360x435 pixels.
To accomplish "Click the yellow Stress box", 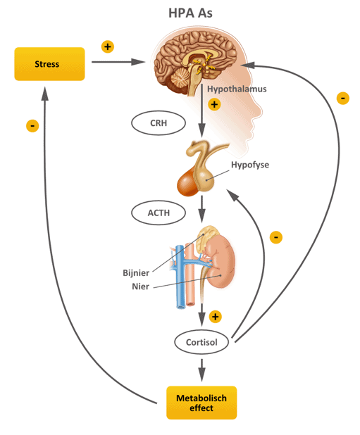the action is tap(49, 64).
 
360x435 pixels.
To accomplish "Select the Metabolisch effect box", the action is tap(201, 403).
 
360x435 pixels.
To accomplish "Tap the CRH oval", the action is tap(159, 123).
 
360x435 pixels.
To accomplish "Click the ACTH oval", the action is tap(159, 213).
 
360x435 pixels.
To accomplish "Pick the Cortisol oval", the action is tap(201, 342).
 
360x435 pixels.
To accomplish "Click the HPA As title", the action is tap(190, 13).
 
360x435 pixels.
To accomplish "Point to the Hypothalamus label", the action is tap(237, 89).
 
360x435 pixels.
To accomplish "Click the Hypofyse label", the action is tap(250, 165).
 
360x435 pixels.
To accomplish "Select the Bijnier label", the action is tap(136, 273).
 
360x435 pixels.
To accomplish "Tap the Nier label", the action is tap(140, 286).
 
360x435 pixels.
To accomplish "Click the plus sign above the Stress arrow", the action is tap(108, 46).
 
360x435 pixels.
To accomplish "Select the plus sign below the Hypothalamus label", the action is tap(214, 105).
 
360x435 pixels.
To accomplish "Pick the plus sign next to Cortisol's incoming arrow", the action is tap(216, 317).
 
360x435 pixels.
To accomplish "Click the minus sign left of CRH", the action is tap(32, 126).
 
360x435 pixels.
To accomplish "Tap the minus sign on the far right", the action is tap(343, 99).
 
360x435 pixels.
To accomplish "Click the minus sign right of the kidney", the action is tap(276, 237).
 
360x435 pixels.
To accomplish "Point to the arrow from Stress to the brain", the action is tap(118, 62).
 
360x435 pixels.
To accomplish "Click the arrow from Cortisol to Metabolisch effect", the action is tap(201, 370).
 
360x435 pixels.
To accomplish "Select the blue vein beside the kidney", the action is tap(180, 277).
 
